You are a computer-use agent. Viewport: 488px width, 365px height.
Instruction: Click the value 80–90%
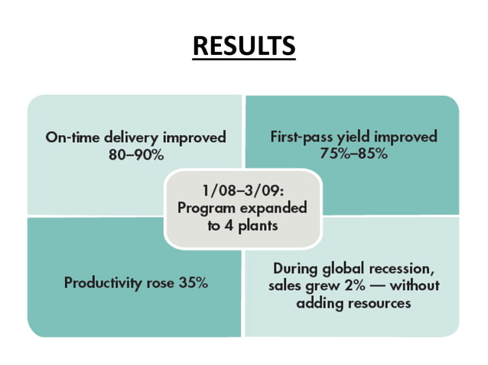click(136, 153)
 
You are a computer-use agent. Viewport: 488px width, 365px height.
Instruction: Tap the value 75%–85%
click(353, 153)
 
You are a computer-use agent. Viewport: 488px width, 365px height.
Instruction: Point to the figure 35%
click(191, 283)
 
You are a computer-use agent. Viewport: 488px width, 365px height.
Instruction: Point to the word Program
click(203, 208)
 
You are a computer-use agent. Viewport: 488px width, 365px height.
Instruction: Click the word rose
click(161, 283)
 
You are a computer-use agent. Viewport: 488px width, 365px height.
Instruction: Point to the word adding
click(327, 303)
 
